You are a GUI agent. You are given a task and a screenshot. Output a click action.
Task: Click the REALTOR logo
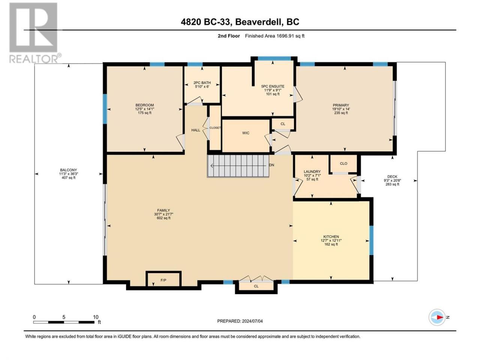[35, 33]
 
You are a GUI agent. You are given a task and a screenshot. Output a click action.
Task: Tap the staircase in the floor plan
[238, 166]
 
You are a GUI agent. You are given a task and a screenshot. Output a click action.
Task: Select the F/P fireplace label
[163, 280]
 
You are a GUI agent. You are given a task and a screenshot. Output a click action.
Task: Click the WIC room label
[246, 133]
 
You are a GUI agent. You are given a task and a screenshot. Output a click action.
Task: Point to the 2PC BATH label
[202, 82]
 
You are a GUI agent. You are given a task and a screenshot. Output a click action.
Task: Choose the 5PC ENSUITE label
[273, 86]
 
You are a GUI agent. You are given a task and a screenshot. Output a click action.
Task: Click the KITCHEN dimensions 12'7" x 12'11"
[331, 240]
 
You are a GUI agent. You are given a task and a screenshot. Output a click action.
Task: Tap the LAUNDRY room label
[312, 172]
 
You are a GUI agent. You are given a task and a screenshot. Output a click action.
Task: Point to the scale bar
[64, 322]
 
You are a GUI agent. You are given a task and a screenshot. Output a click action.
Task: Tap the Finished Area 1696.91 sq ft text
[274, 36]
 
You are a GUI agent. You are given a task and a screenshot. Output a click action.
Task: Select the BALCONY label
[69, 170]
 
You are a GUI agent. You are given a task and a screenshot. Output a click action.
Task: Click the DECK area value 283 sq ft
[392, 184]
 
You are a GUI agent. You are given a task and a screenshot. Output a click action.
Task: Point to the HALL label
[195, 130]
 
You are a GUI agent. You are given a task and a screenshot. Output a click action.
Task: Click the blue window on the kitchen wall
[371, 240]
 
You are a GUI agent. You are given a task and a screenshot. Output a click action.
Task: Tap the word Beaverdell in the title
[258, 22]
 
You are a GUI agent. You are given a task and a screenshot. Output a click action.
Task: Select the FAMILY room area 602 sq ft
[163, 218]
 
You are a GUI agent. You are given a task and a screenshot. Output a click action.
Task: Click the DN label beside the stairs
[271, 165]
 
